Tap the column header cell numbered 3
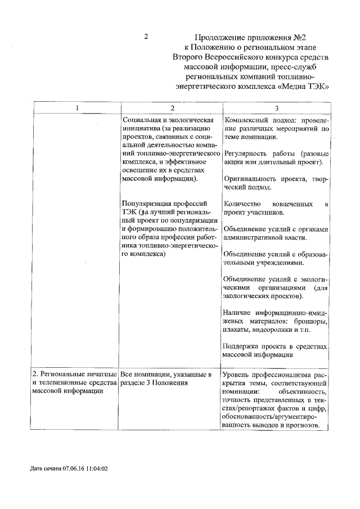[276, 108]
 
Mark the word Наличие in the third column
[237, 312]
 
